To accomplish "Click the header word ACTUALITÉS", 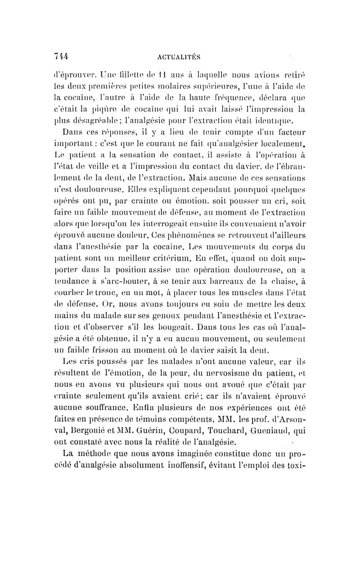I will [x=181, y=57].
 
